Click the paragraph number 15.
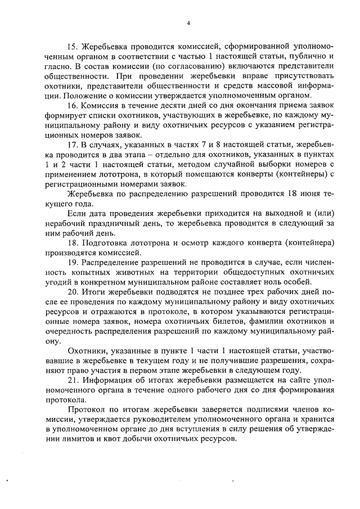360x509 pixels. pos(72,45)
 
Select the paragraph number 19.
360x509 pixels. pos(72,262)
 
